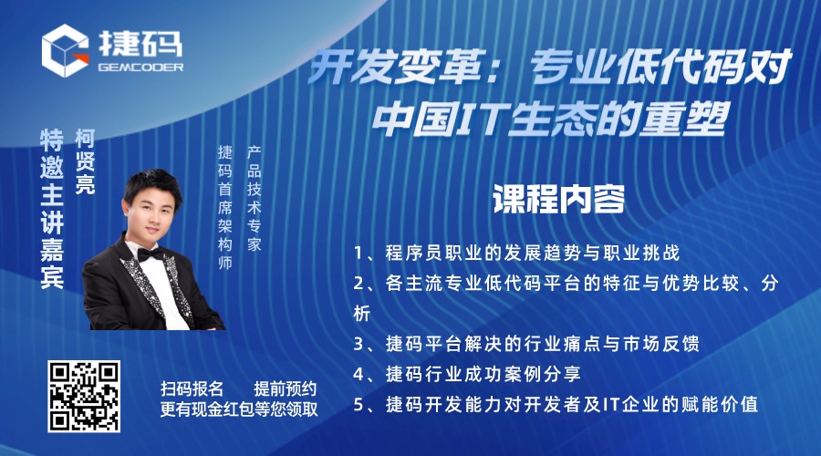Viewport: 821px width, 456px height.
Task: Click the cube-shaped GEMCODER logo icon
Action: [65, 50]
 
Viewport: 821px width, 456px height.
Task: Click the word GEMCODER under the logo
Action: [140, 67]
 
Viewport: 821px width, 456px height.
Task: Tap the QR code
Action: [84, 397]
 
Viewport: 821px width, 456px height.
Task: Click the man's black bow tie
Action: [151, 254]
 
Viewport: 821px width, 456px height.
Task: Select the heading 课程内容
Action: [558, 199]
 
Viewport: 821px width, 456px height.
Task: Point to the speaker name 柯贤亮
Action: [85, 161]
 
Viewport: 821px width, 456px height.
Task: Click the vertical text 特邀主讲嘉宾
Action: [52, 209]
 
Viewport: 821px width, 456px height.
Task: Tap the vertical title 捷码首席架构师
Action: [225, 207]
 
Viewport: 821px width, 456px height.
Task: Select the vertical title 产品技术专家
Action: [254, 199]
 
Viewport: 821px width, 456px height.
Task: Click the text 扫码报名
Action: [192, 389]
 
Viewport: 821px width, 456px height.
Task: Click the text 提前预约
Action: [285, 389]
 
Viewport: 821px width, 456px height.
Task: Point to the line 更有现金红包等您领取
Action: [239, 409]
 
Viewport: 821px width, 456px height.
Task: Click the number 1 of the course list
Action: [359, 254]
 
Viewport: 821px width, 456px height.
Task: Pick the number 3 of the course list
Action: [359, 344]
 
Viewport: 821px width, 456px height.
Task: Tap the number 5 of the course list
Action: [359, 405]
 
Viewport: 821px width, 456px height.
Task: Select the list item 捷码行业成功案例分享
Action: [483, 374]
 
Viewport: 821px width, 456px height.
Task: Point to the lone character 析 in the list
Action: [362, 314]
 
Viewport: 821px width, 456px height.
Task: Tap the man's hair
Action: [151, 184]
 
